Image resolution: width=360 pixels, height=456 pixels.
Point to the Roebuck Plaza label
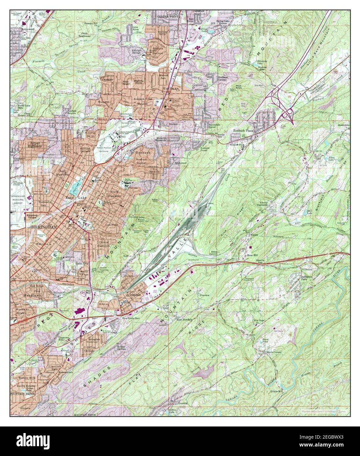point(243,131)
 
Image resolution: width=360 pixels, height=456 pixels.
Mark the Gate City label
point(82,263)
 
